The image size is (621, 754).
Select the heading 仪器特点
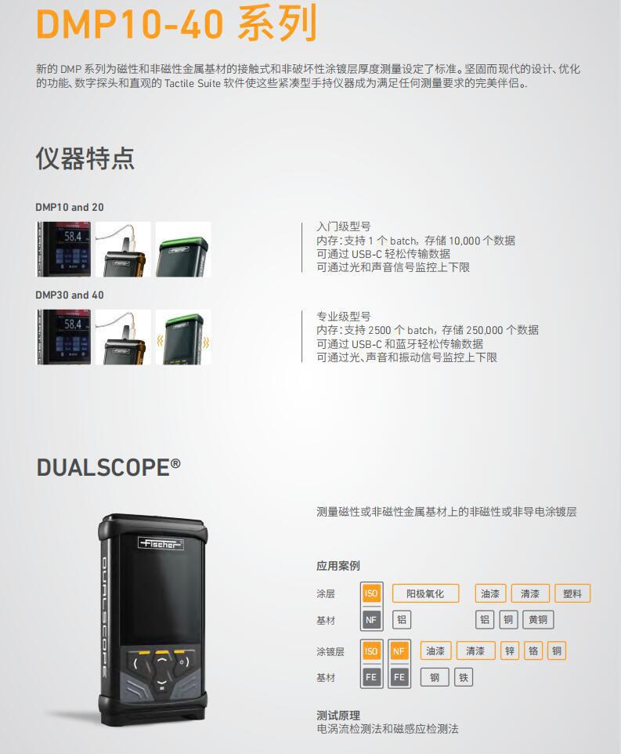click(x=85, y=158)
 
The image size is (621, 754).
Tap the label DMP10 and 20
click(x=69, y=208)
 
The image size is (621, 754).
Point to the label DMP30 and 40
click(x=69, y=295)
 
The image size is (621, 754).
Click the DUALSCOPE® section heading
click(x=108, y=468)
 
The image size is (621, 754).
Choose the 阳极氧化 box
click(x=424, y=593)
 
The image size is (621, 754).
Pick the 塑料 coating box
click(x=572, y=593)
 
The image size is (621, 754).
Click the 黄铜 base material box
click(x=538, y=620)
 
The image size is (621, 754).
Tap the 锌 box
click(x=511, y=651)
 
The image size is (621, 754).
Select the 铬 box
click(x=533, y=651)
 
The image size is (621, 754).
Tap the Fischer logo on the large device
click(x=161, y=543)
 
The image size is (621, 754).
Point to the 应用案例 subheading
click(x=338, y=566)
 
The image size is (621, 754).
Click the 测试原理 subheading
click(x=338, y=715)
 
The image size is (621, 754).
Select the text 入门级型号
click(x=344, y=227)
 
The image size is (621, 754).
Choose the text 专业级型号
click(x=344, y=316)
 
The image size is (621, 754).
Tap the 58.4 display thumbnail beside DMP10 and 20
click(x=63, y=249)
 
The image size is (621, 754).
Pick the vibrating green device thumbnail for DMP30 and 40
click(x=183, y=337)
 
